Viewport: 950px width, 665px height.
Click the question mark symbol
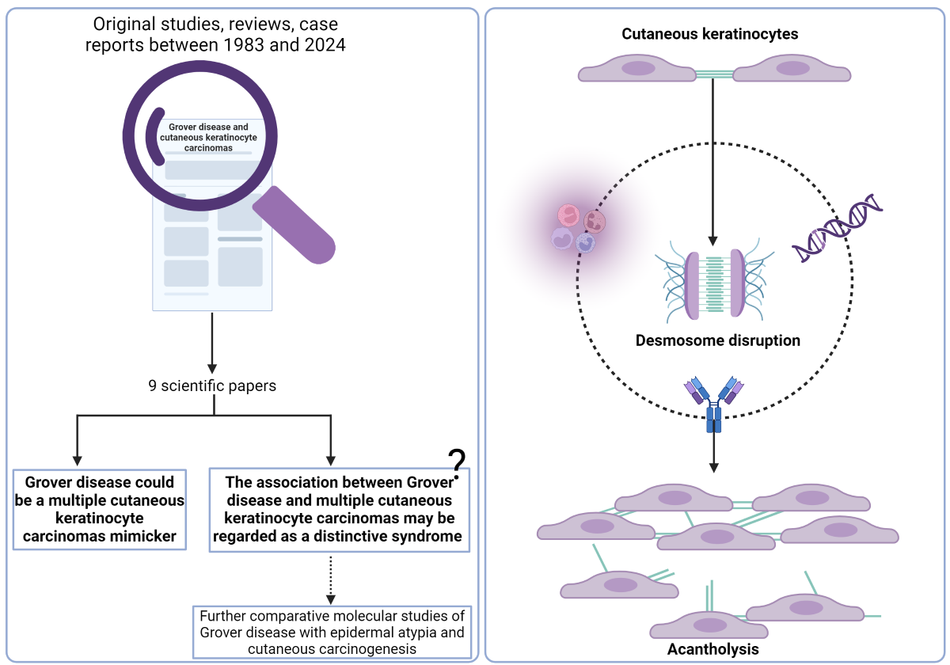[x=457, y=461]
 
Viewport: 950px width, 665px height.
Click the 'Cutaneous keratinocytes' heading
[x=709, y=34]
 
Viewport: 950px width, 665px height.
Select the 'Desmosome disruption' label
[x=718, y=340]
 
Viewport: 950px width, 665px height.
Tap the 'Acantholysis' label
[x=712, y=649]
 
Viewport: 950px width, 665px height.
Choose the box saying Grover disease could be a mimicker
[x=99, y=510]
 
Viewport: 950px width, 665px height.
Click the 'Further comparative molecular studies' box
[x=332, y=632]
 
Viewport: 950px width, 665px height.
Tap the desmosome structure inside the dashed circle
[x=714, y=283]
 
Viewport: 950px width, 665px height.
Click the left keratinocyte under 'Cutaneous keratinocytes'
[x=636, y=70]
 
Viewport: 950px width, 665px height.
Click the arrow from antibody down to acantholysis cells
[x=714, y=451]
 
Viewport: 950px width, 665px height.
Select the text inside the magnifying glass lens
[x=208, y=137]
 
